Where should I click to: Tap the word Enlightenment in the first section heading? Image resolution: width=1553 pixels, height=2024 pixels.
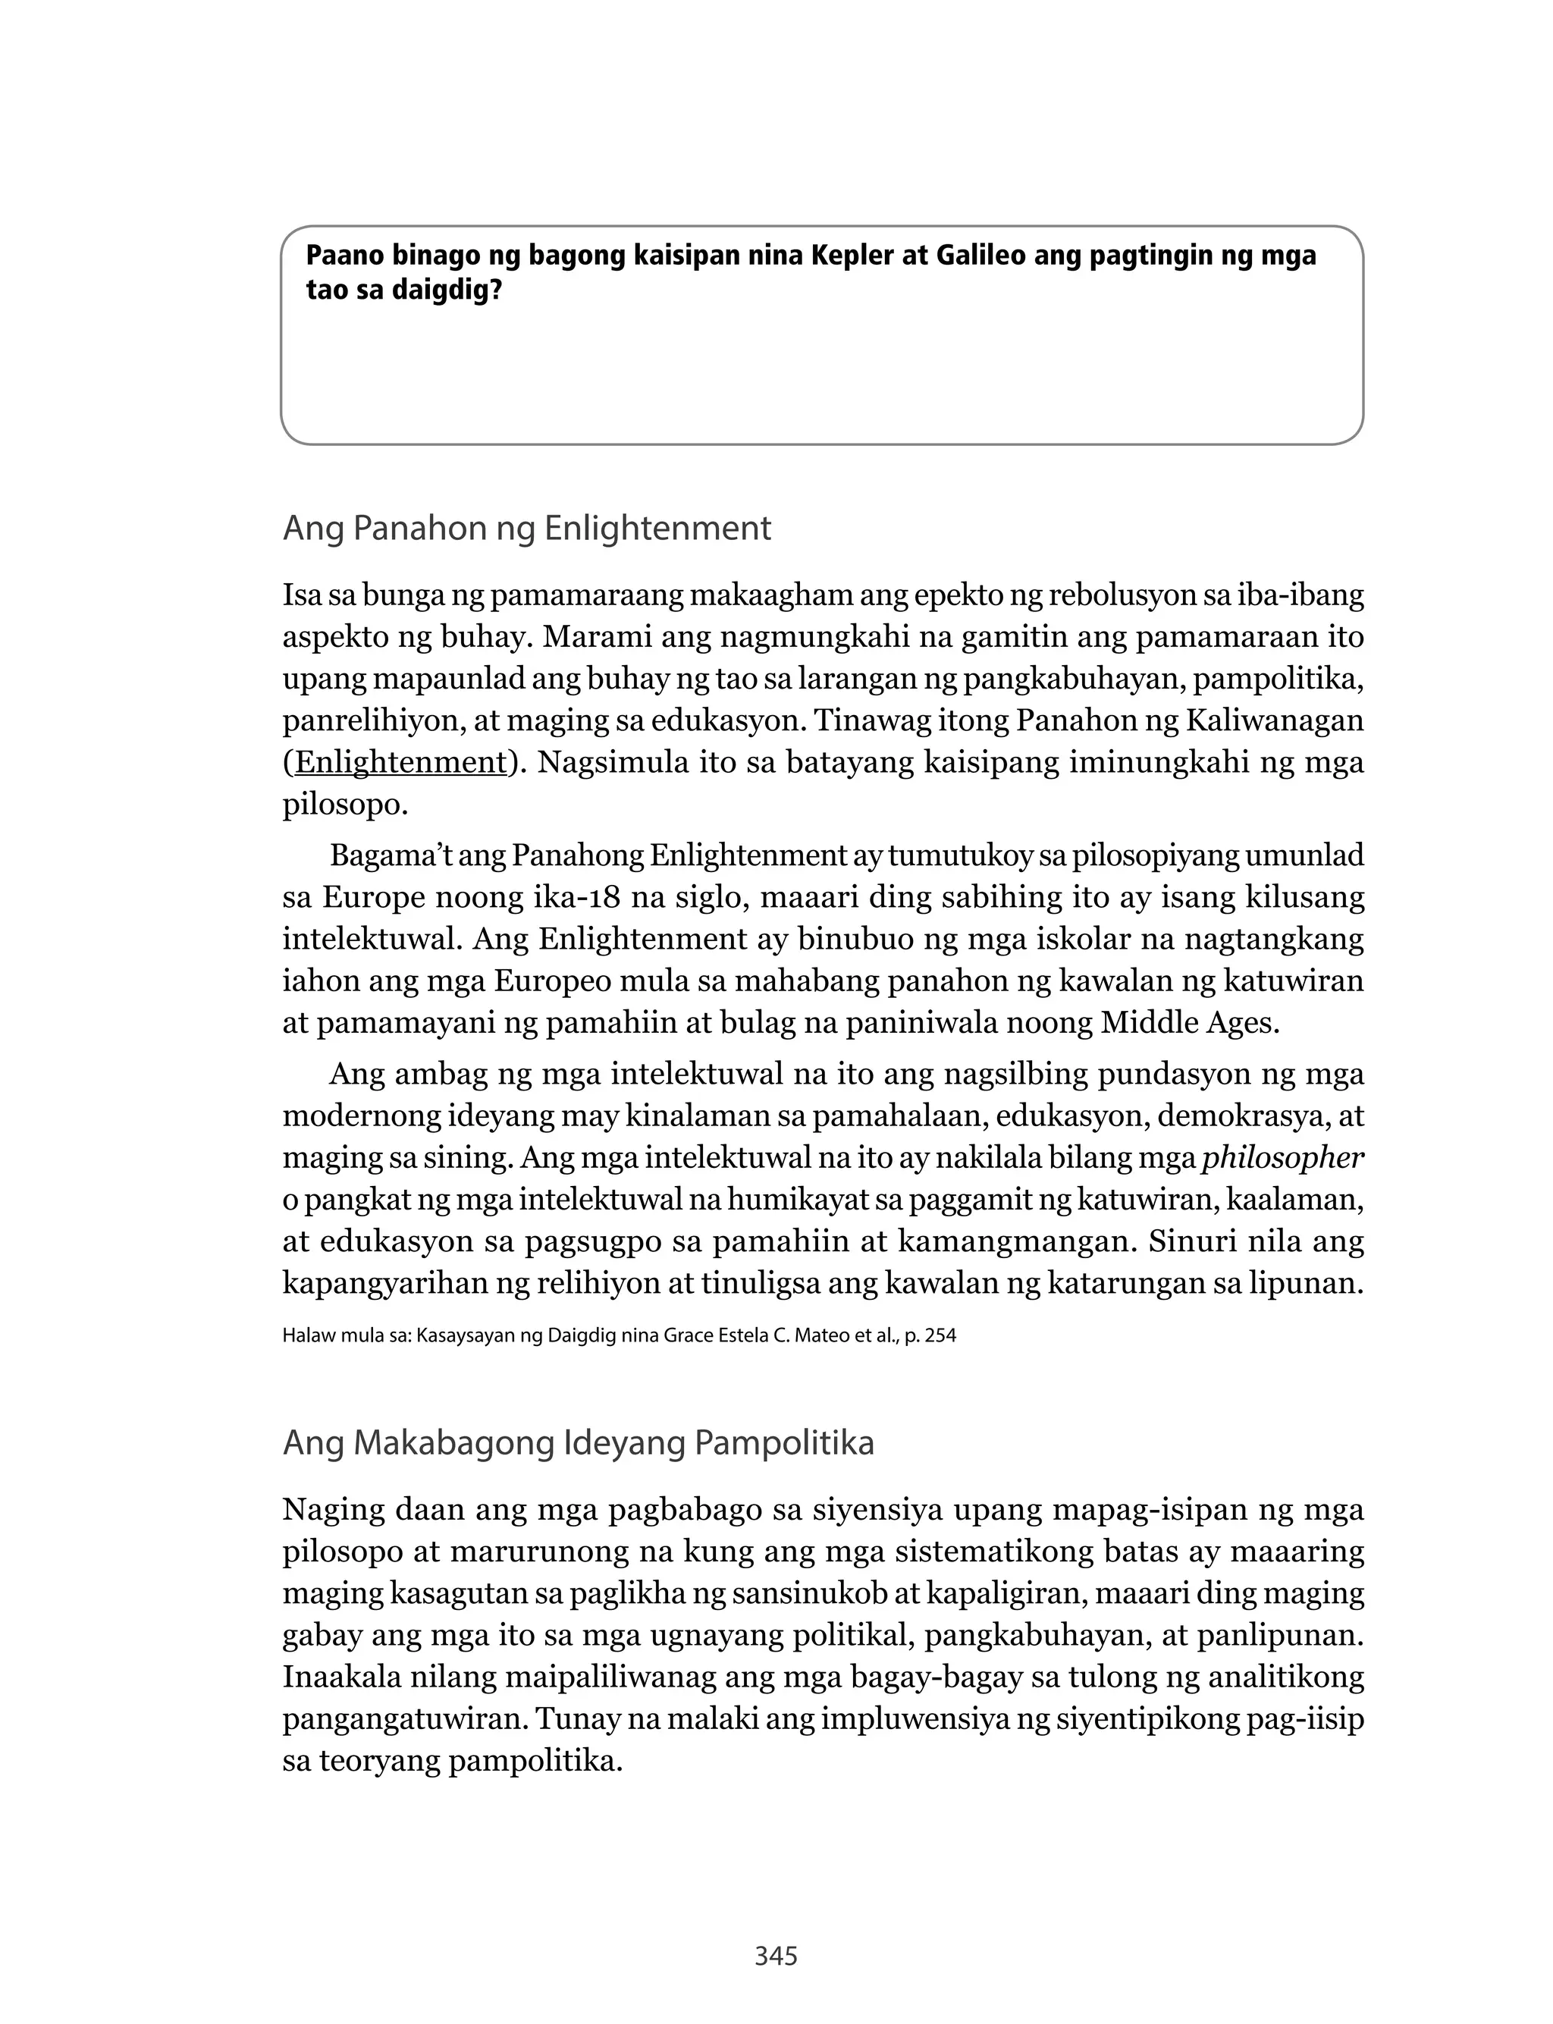657,529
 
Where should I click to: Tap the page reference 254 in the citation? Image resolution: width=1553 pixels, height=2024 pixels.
940,1335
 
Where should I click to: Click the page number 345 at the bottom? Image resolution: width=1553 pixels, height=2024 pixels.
776,1956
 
